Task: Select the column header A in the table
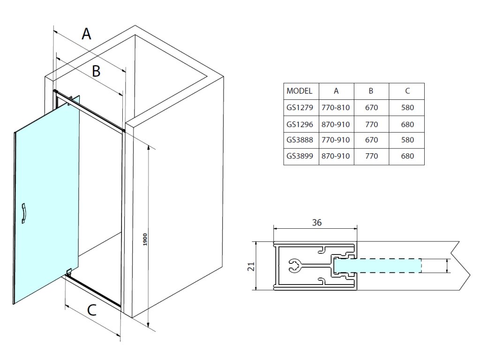[x=336, y=91]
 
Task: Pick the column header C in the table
[x=407, y=91]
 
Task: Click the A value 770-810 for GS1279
[x=336, y=108]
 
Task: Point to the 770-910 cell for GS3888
[x=336, y=140]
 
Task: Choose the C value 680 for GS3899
[x=407, y=156]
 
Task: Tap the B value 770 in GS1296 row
[x=371, y=124]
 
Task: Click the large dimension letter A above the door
[x=86, y=34]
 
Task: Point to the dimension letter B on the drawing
[x=96, y=71]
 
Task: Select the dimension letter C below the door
[x=92, y=310]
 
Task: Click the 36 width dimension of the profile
[x=317, y=223]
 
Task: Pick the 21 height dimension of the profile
[x=251, y=267]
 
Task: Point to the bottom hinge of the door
[x=69, y=271]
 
